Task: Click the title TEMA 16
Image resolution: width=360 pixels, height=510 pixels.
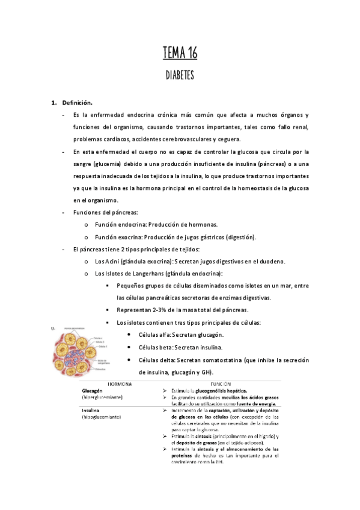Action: pos(180,54)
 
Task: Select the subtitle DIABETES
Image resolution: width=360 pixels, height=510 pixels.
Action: pos(180,76)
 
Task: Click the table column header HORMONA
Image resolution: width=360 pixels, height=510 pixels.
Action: pos(120,382)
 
